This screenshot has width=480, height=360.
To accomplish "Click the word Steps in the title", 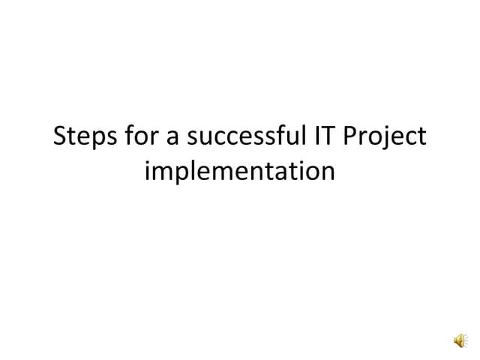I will [82, 137].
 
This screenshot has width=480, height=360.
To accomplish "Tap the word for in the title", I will [134, 137].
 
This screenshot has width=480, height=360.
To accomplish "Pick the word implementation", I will [239, 172].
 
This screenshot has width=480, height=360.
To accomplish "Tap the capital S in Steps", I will [61, 137].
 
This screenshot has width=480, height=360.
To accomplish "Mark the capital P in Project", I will [349, 136].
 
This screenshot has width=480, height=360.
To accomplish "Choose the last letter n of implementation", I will [328, 173].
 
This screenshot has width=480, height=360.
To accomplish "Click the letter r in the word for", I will [145, 139].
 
